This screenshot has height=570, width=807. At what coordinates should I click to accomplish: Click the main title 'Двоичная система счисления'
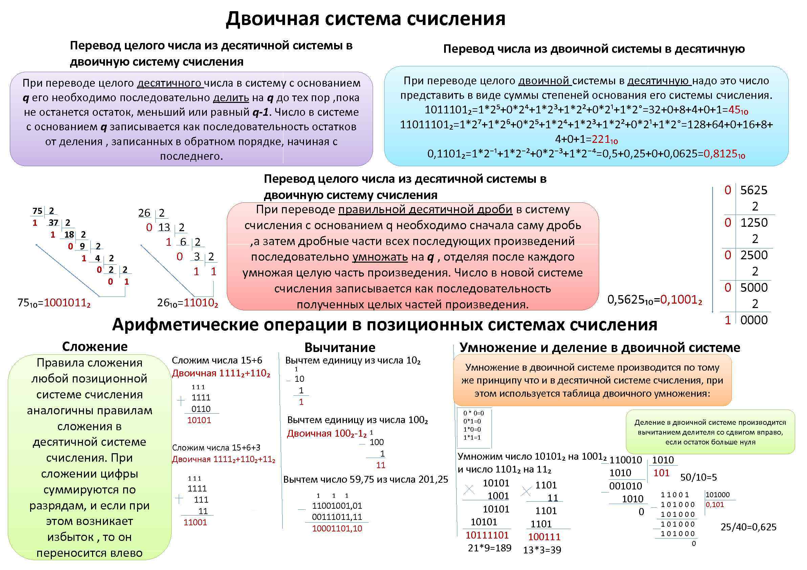click(x=366, y=19)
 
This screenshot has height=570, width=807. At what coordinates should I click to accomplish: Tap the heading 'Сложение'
click(x=94, y=347)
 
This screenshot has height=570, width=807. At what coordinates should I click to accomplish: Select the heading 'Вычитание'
click(x=340, y=347)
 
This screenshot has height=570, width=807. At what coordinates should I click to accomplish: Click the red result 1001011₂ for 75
click(x=67, y=303)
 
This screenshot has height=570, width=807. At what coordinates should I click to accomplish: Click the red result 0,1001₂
click(x=681, y=300)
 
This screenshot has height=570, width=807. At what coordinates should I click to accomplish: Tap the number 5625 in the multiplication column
click(x=754, y=190)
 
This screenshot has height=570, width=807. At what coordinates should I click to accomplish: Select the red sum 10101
click(x=199, y=420)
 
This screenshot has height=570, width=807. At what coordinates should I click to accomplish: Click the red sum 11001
click(x=195, y=522)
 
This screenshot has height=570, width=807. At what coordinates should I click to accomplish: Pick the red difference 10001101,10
click(x=337, y=528)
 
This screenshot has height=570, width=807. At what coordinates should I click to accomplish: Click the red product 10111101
click(x=487, y=535)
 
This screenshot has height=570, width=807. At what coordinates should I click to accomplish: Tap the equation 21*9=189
click(x=489, y=548)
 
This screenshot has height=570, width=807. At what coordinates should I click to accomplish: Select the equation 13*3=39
click(x=542, y=550)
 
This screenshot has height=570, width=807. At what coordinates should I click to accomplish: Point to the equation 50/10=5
click(x=698, y=477)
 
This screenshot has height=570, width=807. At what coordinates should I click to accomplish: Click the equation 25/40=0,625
click(x=748, y=527)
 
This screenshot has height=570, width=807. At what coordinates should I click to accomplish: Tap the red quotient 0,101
click(x=715, y=505)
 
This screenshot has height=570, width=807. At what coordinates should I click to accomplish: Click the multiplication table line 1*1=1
click(x=472, y=438)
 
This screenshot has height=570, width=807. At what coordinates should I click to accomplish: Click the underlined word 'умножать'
click(x=380, y=257)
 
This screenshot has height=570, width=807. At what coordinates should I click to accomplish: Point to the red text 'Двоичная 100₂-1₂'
click(x=327, y=434)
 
